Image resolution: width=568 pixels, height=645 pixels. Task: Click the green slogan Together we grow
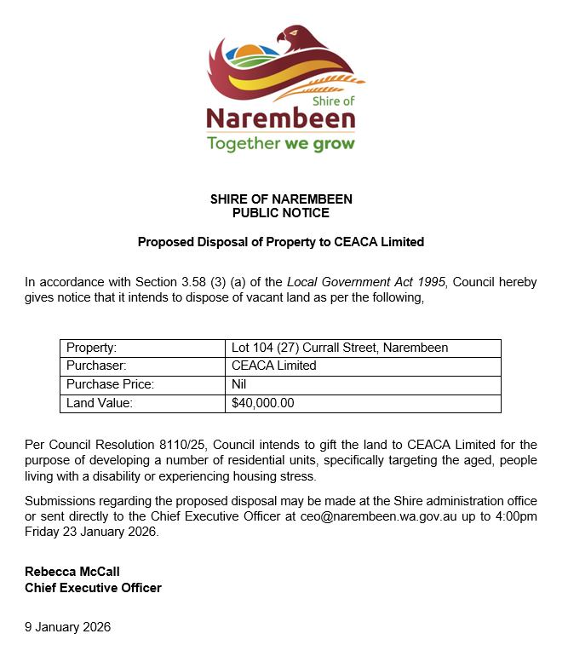pos(280,143)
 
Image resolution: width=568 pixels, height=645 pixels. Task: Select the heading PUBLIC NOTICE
pos(281,212)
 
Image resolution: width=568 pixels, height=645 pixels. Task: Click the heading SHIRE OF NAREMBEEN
pos(281,199)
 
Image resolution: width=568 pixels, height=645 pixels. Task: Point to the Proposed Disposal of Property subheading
pos(281,242)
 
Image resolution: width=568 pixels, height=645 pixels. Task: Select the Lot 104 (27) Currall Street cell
pos(340,348)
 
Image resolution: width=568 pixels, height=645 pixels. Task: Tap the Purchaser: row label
pos(95,366)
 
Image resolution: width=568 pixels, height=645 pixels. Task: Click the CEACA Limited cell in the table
pos(273,366)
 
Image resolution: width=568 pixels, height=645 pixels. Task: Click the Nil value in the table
pos(239,384)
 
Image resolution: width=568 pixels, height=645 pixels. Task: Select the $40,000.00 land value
pos(263,403)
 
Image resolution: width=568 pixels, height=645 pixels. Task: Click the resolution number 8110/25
pos(183,445)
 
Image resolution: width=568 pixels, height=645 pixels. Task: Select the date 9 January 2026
pos(67,627)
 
